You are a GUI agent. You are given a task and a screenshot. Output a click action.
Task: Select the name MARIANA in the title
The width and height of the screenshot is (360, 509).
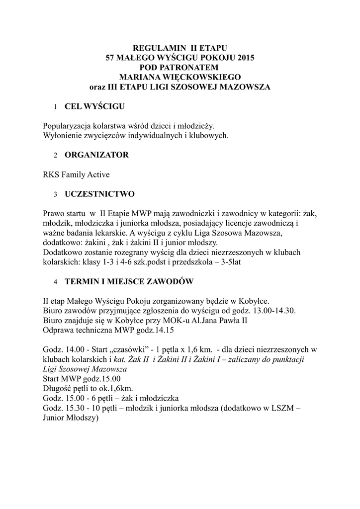point(141,77)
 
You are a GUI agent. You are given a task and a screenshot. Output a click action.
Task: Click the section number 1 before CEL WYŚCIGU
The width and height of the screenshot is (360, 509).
point(55,107)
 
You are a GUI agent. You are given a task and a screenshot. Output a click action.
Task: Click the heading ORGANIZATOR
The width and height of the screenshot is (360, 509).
point(96,155)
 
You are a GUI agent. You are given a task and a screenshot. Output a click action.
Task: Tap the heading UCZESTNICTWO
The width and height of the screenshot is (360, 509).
point(99,193)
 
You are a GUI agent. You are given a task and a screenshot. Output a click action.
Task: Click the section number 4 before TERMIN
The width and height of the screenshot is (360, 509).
point(55,282)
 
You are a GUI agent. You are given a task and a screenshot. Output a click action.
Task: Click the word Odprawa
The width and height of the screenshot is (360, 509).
point(58,330)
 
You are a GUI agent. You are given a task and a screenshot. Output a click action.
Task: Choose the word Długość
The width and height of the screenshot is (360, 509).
point(57,388)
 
